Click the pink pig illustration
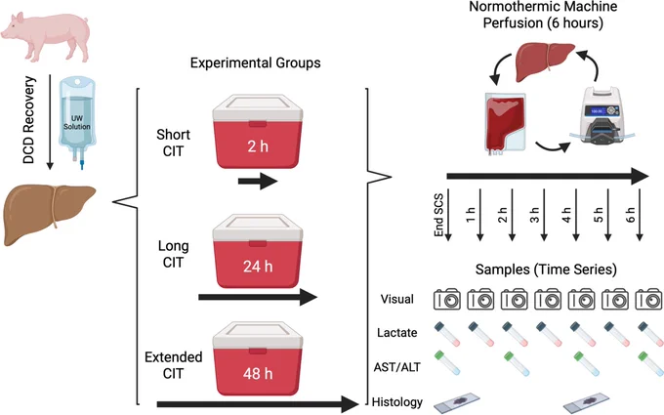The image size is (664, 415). point(46,36)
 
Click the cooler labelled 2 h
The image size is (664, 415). point(258,131)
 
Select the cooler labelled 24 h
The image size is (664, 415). point(258,251)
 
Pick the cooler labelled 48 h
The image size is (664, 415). point(258,357)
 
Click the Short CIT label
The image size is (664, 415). point(173,143)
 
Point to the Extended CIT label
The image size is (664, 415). point(173,365)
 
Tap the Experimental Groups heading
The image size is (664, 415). point(256,63)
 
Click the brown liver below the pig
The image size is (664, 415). point(50,214)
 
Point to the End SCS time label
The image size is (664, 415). point(438,215)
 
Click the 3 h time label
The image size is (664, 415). point(534,215)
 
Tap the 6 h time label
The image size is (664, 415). point(631,215)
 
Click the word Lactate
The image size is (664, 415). point(396,333)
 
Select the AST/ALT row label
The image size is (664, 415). point(396,367)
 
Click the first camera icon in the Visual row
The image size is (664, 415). point(447,300)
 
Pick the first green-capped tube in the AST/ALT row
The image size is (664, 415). point(447,362)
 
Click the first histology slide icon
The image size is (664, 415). point(457,402)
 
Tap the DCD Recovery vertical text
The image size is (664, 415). point(28,120)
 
